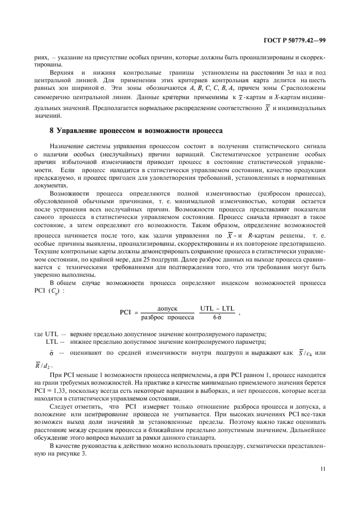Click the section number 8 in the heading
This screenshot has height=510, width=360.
click(x=52, y=129)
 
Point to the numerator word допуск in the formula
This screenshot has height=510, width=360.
click(x=167, y=308)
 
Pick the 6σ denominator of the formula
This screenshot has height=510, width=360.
click(x=217, y=317)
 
